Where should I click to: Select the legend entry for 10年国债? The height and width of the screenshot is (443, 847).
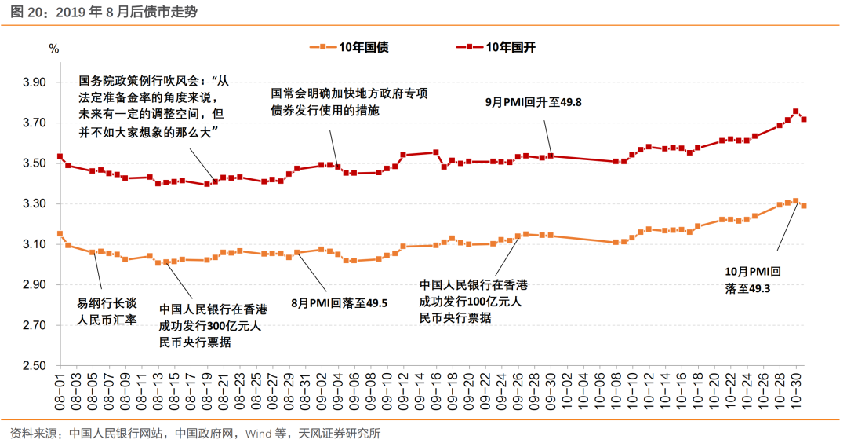363,47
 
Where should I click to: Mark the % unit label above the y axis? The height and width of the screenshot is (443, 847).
53,48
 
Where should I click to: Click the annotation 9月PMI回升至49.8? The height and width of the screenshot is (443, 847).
533,102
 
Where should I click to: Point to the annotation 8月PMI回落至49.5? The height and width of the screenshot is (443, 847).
340,302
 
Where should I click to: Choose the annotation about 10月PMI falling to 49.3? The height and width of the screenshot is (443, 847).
753,280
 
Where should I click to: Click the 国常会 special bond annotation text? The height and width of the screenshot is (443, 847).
349,101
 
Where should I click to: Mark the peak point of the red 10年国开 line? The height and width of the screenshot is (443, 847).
796,112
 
